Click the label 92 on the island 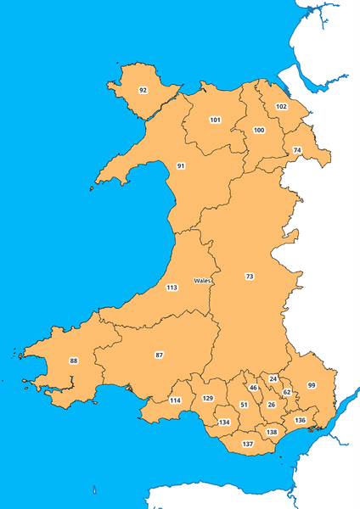(143, 90)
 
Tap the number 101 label (216, 120)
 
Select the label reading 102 (281, 107)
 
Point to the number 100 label (259, 131)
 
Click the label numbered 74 (296, 150)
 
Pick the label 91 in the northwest (181, 165)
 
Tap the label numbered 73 (249, 277)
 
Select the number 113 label (172, 288)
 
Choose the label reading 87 (159, 354)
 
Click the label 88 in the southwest (74, 361)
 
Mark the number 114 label (175, 400)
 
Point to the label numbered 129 (208, 398)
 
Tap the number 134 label (225, 422)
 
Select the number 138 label (272, 433)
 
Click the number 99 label (312, 386)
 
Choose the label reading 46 (253, 388)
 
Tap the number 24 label (273, 378)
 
